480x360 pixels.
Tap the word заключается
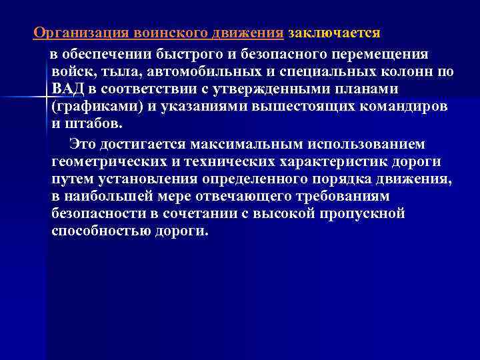click(x=334, y=33)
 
